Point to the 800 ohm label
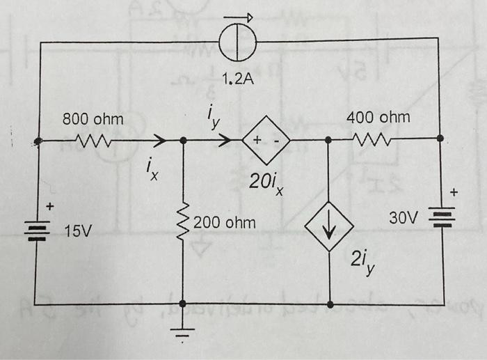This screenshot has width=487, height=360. (x=93, y=120)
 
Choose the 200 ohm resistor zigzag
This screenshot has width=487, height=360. (x=183, y=223)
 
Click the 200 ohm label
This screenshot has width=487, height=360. (x=225, y=224)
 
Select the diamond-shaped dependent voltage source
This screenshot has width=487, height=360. (x=265, y=141)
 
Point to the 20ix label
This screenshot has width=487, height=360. (x=266, y=183)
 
